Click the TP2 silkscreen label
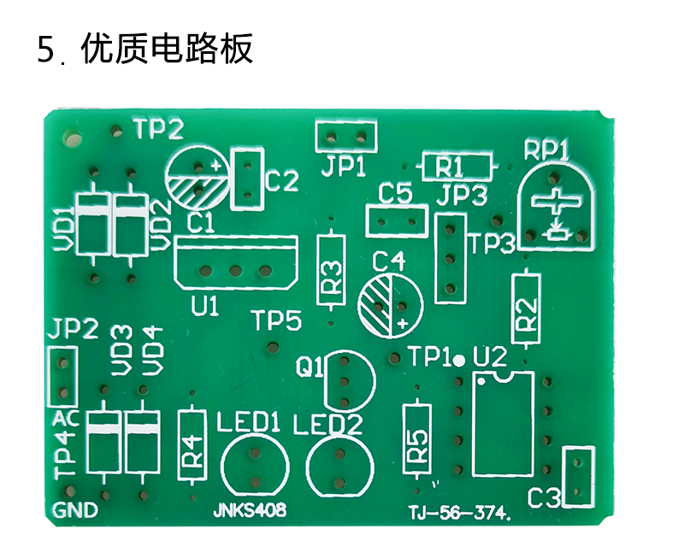tap(159, 129)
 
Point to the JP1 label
tap(344, 166)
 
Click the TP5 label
tap(277, 320)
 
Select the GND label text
tap(75, 510)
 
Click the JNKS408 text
tap(250, 509)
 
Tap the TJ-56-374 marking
tap(457, 513)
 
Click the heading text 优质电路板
tap(167, 49)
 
